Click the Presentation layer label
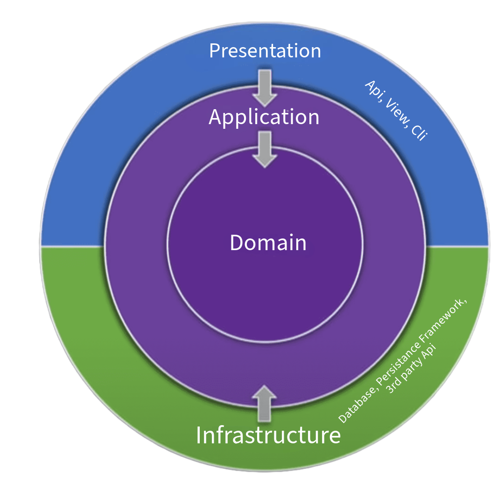[x=265, y=50]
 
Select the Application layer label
[x=264, y=117]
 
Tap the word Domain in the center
[x=268, y=243]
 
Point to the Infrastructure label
[x=268, y=435]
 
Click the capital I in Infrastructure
[x=199, y=435]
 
